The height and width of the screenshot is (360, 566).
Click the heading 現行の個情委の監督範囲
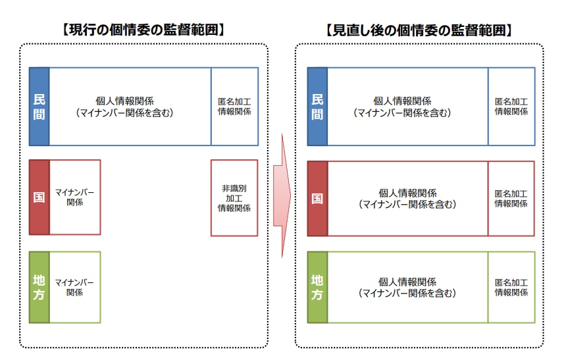click(x=143, y=30)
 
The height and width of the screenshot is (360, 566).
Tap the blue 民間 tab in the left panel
click(x=39, y=107)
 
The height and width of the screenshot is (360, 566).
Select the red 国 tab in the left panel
click(x=39, y=197)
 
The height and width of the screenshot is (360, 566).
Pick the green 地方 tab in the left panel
click(x=39, y=287)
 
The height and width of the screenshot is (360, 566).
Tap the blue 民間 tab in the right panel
click(x=317, y=107)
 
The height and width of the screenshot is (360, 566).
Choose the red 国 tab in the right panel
click(x=317, y=199)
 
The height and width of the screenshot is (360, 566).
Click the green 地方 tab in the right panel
click(x=317, y=287)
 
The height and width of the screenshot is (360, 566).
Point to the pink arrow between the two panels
click(x=282, y=195)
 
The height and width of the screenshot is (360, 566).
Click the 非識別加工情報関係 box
click(x=234, y=198)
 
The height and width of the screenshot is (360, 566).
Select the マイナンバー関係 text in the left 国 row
click(x=74, y=197)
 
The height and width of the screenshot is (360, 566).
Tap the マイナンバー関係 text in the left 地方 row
click(x=74, y=288)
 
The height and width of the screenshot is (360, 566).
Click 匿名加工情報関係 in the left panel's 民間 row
click(x=234, y=107)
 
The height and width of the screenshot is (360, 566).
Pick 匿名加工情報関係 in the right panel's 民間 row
click(x=511, y=107)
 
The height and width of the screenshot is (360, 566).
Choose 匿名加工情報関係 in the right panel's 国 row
click(x=511, y=199)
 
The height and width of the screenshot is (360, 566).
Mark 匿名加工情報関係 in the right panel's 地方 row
click(x=511, y=288)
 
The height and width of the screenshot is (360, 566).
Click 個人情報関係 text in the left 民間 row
click(x=124, y=101)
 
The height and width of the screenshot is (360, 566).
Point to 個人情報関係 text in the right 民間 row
click(x=402, y=101)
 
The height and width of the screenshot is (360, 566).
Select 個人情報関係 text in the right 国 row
click(x=407, y=193)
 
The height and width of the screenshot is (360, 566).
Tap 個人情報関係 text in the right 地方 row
click(x=407, y=282)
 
